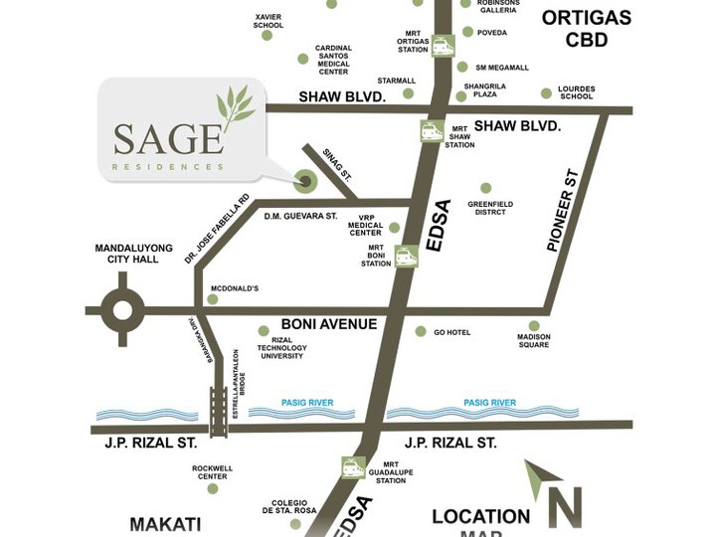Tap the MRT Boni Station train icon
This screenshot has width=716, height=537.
(x=405, y=257)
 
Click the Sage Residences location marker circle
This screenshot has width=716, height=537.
(x=304, y=181)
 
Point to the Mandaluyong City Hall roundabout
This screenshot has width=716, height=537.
(x=122, y=310)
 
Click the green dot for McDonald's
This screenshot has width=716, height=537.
(x=211, y=299)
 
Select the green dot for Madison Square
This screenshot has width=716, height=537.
(x=534, y=325)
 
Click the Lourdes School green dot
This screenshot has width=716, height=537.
(x=546, y=93)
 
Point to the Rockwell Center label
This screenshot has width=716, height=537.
(x=212, y=470)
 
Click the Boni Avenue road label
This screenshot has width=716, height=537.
(x=328, y=324)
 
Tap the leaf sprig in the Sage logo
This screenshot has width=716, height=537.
(x=236, y=107)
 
